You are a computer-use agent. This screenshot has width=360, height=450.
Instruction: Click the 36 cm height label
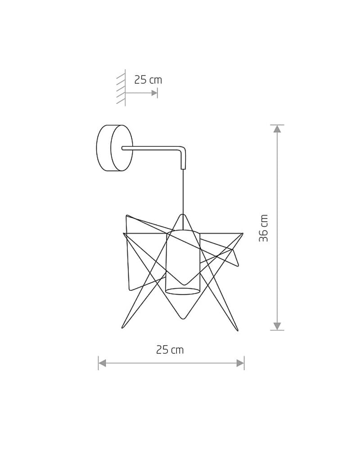(x=264, y=228)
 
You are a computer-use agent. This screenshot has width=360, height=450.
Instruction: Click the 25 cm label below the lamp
(x=170, y=350)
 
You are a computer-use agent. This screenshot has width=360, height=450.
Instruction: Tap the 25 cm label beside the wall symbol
(x=148, y=80)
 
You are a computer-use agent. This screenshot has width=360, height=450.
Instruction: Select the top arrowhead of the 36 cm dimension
(x=277, y=129)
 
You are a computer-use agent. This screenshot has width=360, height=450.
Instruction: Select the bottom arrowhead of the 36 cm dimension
(x=277, y=326)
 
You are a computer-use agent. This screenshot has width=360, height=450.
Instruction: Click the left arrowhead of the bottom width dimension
(x=102, y=363)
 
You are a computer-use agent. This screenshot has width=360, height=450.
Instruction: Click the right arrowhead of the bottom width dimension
(x=240, y=363)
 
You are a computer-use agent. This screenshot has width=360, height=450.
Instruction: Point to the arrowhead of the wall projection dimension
(x=154, y=93)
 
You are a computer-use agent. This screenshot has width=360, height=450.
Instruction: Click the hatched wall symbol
(x=121, y=88)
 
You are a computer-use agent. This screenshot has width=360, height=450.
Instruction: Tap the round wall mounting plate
(x=115, y=148)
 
